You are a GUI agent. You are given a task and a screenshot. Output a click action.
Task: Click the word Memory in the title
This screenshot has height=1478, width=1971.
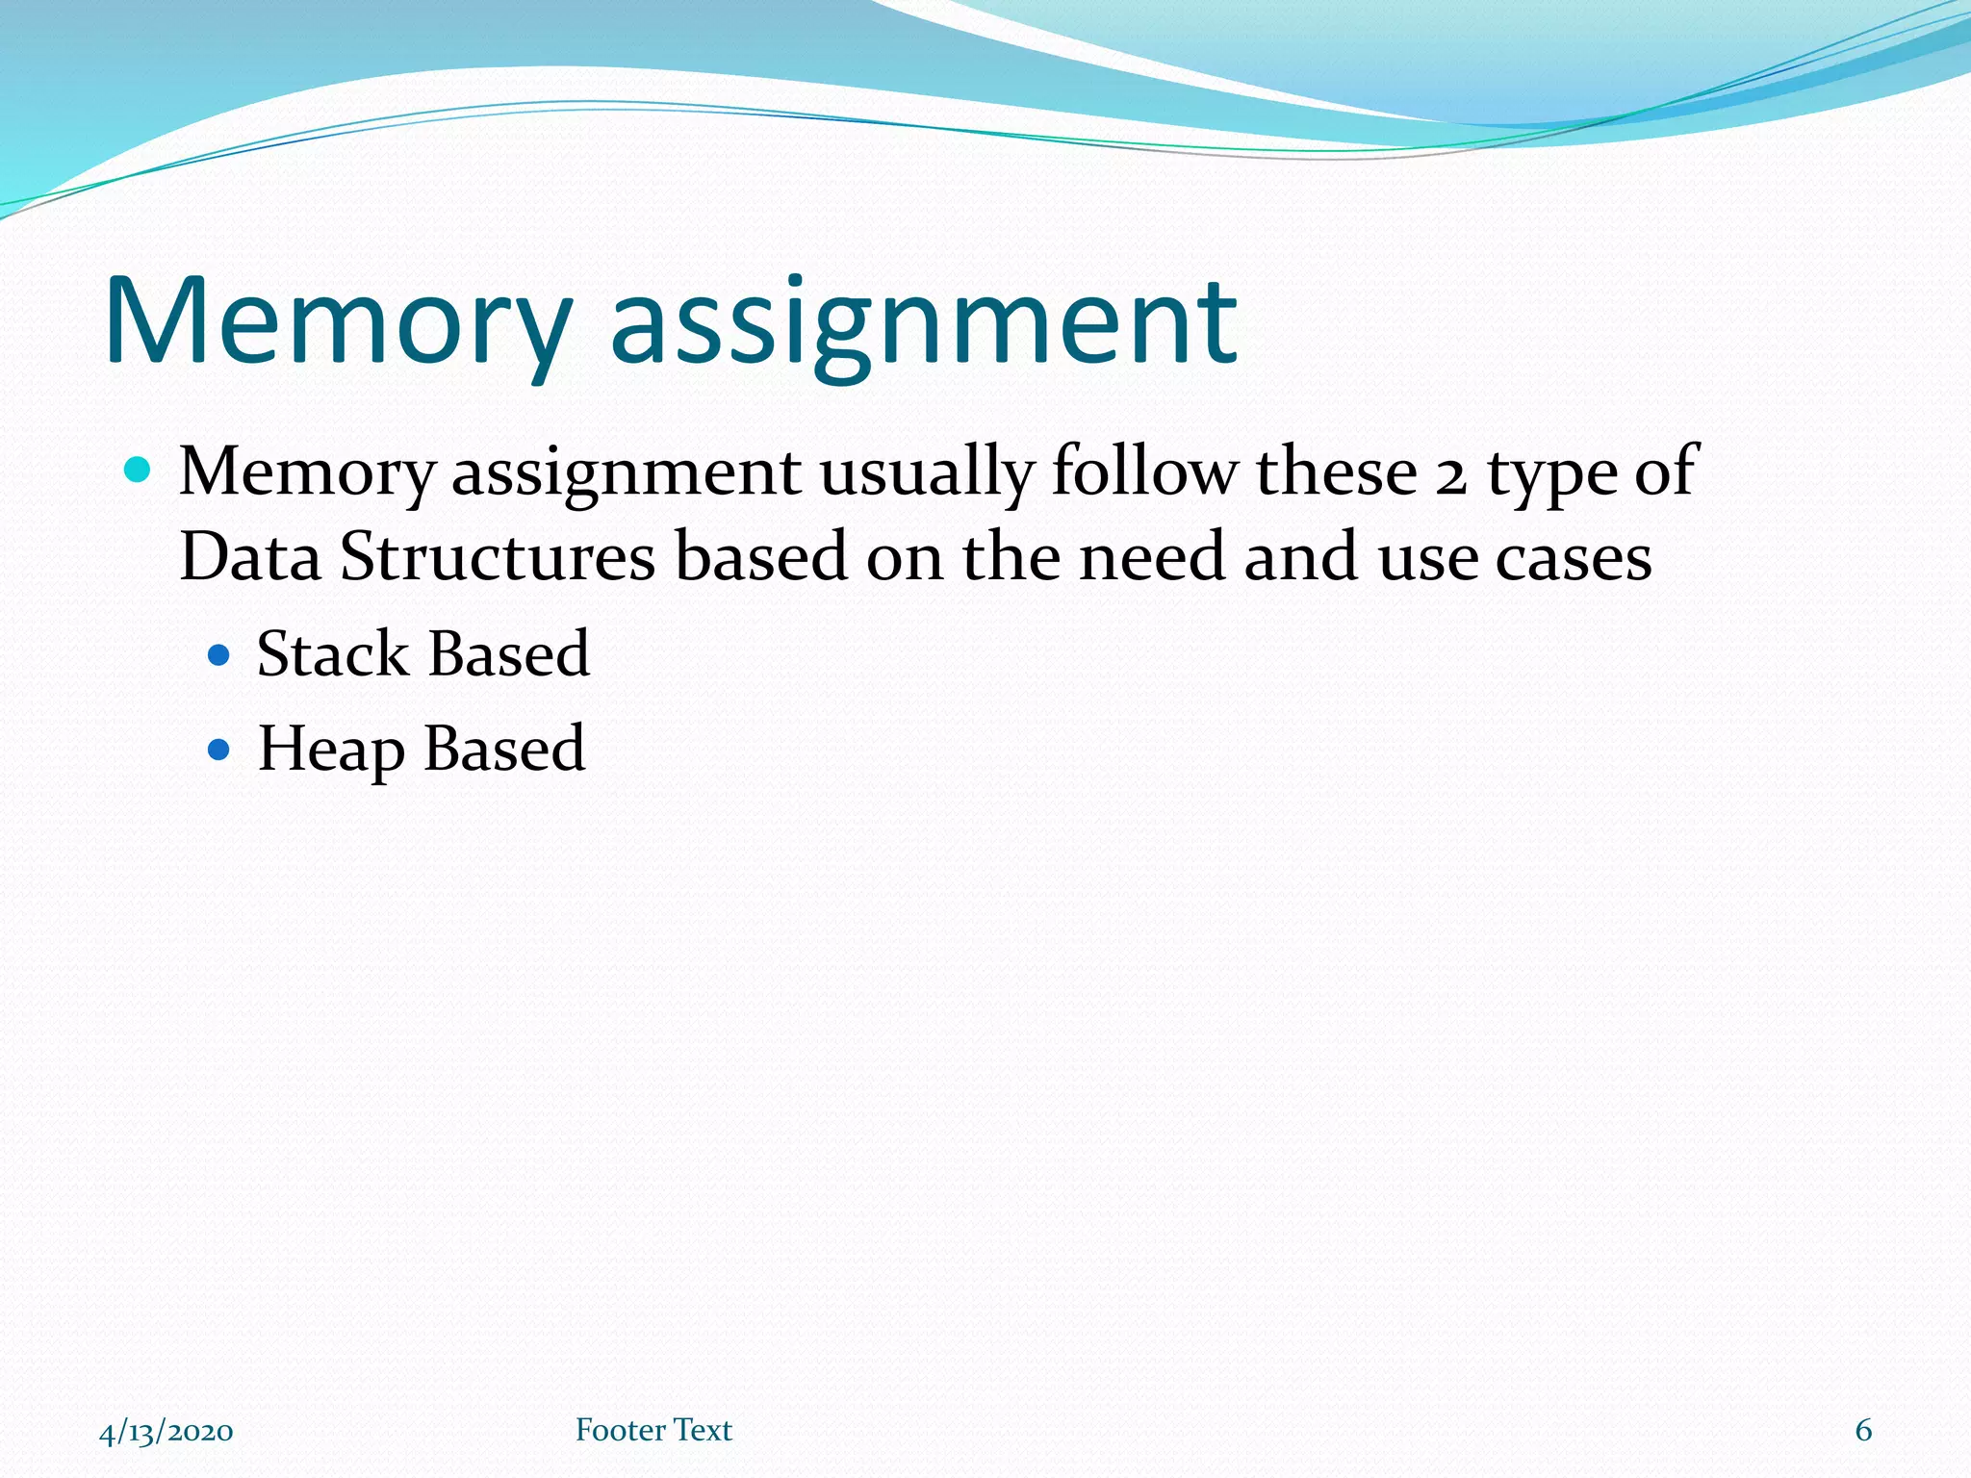tap(337, 322)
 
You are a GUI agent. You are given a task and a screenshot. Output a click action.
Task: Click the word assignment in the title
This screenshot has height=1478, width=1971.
tap(924, 322)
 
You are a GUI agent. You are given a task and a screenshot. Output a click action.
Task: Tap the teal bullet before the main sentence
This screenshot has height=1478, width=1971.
tap(139, 471)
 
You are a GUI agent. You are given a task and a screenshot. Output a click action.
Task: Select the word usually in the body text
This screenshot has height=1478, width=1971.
tap(926, 473)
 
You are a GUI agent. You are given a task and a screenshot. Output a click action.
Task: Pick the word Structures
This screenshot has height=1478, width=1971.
tap(498, 557)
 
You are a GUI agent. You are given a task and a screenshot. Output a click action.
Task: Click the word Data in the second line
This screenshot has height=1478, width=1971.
tap(249, 557)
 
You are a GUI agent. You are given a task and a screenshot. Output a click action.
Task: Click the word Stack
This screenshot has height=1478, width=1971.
tap(332, 654)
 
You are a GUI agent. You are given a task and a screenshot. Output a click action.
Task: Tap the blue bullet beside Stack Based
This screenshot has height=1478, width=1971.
tap(219, 656)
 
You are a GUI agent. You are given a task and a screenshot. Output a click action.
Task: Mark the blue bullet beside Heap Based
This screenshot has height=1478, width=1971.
tap(219, 750)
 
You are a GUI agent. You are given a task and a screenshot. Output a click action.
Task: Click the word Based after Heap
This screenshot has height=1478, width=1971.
tap(503, 749)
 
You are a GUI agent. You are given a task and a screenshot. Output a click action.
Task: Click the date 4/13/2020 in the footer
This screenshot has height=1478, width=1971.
tap(166, 1431)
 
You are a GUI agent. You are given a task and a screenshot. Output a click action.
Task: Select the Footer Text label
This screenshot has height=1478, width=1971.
tap(653, 1430)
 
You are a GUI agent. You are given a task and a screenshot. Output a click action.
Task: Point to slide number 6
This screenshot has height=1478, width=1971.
tap(1863, 1430)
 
